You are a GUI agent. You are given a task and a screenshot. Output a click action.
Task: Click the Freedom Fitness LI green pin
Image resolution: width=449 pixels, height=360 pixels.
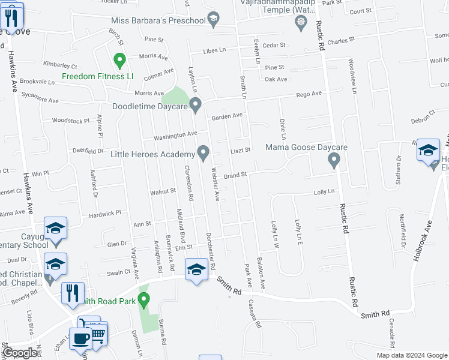119,61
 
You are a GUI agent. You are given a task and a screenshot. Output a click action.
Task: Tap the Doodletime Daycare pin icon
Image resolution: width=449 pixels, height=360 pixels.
196,106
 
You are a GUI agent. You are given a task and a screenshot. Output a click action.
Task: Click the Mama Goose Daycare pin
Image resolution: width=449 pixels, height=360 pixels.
334,160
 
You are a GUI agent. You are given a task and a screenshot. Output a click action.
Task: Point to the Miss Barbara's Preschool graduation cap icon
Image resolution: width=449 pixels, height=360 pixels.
212,20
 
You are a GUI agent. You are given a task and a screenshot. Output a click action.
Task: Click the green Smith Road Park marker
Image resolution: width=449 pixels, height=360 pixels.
143,299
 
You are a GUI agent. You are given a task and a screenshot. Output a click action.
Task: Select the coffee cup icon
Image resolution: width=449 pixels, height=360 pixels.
80,338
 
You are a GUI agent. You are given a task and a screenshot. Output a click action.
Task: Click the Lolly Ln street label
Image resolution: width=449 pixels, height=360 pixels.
323,192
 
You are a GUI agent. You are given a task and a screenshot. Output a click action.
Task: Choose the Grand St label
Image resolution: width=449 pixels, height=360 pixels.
235,175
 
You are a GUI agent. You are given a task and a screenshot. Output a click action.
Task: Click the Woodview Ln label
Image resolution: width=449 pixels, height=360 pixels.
352,79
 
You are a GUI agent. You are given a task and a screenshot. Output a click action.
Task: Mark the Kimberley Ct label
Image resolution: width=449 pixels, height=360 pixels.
60,64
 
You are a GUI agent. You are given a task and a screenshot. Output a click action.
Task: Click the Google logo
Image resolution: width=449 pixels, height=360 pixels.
20,353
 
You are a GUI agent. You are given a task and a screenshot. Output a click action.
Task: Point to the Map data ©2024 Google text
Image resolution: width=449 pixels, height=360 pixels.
411,355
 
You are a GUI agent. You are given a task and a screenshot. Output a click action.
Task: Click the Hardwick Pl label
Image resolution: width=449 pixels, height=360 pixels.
105,212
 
